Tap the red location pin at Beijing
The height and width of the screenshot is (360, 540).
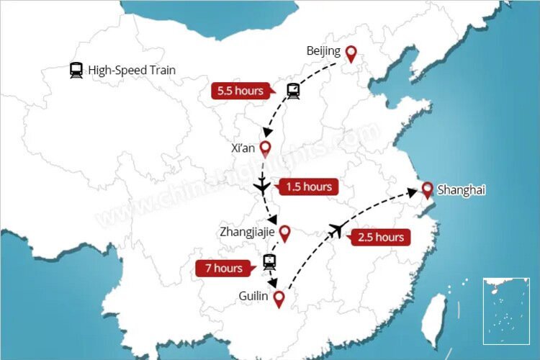pyautogui.click(x=351, y=53)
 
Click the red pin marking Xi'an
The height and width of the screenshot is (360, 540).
pyautogui.click(x=265, y=149)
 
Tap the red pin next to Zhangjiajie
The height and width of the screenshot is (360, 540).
pyautogui.click(x=284, y=233)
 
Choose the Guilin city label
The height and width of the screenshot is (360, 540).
pyautogui.click(x=254, y=296)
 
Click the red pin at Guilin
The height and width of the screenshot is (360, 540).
pyautogui.click(x=279, y=298)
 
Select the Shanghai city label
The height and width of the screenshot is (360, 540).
pyautogui.click(x=462, y=190)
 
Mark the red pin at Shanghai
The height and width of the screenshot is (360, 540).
pyautogui.click(x=427, y=190)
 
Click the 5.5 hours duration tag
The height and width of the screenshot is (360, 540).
pyautogui.click(x=240, y=91)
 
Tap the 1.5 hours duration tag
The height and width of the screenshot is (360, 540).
pyautogui.click(x=308, y=187)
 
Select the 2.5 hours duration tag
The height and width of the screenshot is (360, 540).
pyautogui.click(x=379, y=238)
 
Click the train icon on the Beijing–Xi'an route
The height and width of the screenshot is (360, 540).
pyautogui.click(x=293, y=91)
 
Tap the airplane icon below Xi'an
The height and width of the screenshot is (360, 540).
pyautogui.click(x=262, y=186)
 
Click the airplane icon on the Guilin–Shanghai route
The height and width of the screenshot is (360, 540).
pyautogui.click(x=335, y=230)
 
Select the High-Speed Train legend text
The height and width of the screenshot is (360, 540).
pyautogui.click(x=132, y=70)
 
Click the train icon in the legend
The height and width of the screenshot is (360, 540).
pyautogui.click(x=76, y=70)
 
